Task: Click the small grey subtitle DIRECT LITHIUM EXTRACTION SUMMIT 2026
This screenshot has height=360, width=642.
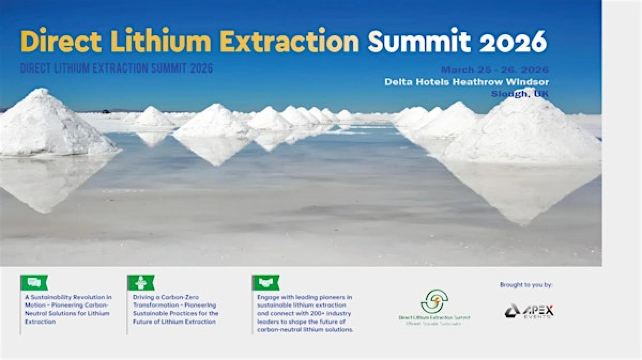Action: pos(115,68)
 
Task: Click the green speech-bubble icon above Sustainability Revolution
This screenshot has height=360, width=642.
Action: pos(33,283)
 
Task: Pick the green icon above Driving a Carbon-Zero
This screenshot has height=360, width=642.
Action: pos(140,283)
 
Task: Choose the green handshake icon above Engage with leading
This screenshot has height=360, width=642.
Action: pos(266,283)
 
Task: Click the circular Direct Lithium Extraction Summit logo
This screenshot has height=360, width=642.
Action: pos(433,301)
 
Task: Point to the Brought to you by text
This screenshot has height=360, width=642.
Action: pos(526,285)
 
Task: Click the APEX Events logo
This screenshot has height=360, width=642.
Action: pos(528,311)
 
